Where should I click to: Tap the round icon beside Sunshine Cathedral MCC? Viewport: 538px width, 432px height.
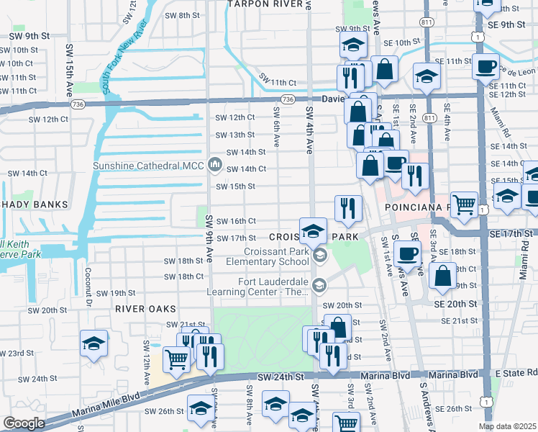(214, 166)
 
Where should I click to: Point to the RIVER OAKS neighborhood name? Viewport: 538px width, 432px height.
(145, 309)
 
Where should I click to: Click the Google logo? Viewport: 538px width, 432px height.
(24, 423)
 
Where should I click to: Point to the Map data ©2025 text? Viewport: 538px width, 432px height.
(507, 426)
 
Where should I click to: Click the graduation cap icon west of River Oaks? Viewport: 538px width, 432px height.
(94, 343)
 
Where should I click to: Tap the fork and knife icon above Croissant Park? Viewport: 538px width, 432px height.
(348, 209)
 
